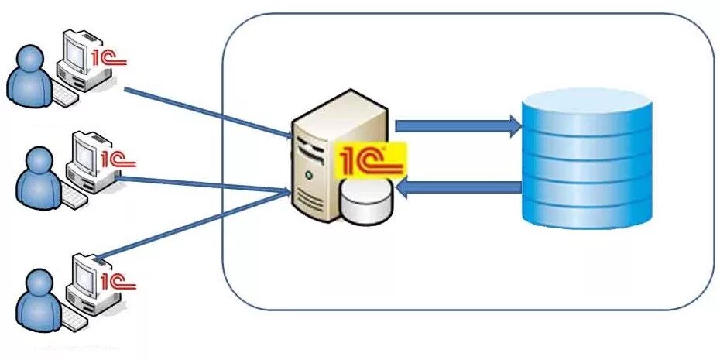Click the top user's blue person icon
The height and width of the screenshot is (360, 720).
click(30, 77)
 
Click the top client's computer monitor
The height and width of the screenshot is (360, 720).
click(77, 51)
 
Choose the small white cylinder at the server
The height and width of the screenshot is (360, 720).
click(366, 204)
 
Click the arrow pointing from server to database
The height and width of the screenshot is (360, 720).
click(458, 125)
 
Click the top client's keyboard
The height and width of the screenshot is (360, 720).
click(65, 98)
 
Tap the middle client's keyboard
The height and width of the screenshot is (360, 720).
click(74, 199)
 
